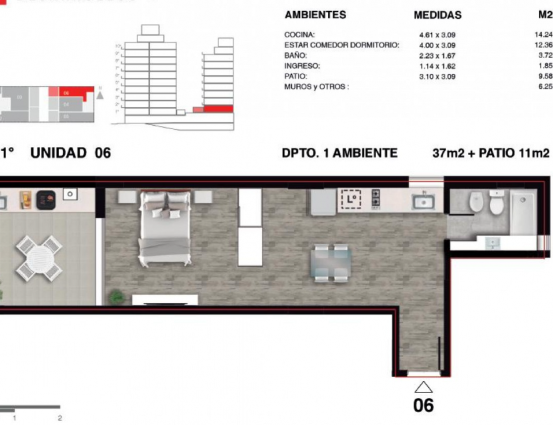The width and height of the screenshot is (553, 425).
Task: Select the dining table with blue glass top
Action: (331, 263)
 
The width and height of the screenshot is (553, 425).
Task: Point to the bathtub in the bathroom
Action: (523, 212)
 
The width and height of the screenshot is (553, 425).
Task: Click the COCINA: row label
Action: (300, 34)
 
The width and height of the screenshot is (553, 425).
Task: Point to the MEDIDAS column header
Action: (438, 16)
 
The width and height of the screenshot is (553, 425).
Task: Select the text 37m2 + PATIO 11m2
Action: (491, 153)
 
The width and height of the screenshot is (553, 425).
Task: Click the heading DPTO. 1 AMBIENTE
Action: (340, 153)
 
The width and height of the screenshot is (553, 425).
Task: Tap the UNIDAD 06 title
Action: (70, 153)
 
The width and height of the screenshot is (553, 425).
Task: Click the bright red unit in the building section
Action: (218, 109)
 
